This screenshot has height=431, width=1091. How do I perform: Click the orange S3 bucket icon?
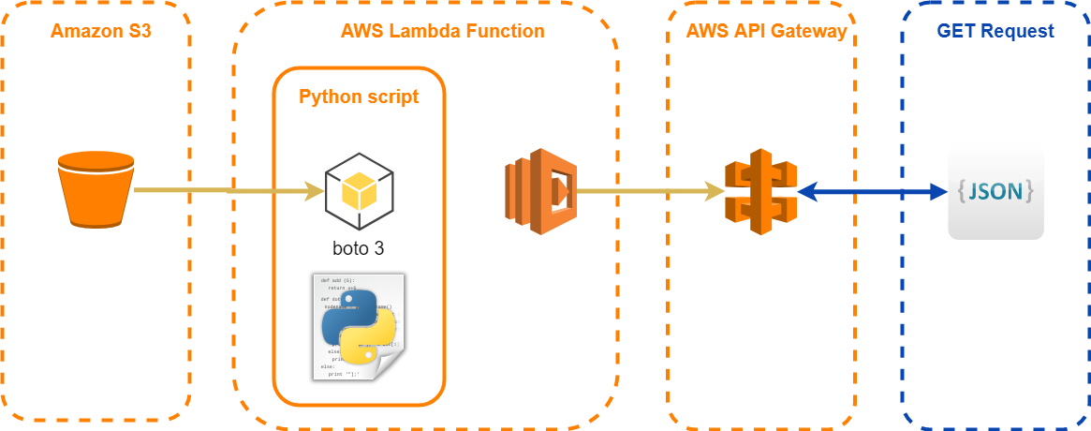pyautogui.click(x=96, y=188)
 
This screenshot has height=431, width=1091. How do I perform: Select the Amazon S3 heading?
pyautogui.click(x=100, y=31)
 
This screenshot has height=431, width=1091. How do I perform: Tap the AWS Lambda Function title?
pyautogui.click(x=443, y=31)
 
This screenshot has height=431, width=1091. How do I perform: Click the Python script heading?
pyautogui.click(x=359, y=97)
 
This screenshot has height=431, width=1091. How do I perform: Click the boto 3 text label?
pyautogui.click(x=359, y=248)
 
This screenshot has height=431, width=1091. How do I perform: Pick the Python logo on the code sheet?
pyautogui.click(x=359, y=328)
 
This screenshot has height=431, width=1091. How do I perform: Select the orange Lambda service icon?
pyautogui.click(x=539, y=190)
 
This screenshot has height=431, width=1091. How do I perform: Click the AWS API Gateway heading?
pyautogui.click(x=766, y=31)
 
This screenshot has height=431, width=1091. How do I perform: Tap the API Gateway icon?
pyautogui.click(x=759, y=191)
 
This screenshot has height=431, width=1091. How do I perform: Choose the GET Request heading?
pyautogui.click(x=995, y=31)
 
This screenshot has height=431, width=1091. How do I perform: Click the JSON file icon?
pyautogui.click(x=995, y=192)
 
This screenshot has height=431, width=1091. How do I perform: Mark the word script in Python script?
pyautogui.click(x=391, y=97)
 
